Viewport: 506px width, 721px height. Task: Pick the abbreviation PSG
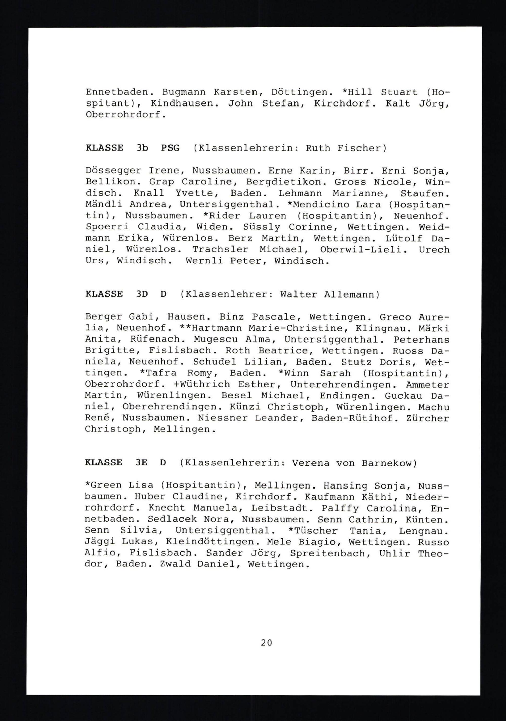170,148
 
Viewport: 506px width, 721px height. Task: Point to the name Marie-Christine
296,328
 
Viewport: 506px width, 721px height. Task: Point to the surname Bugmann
184,92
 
